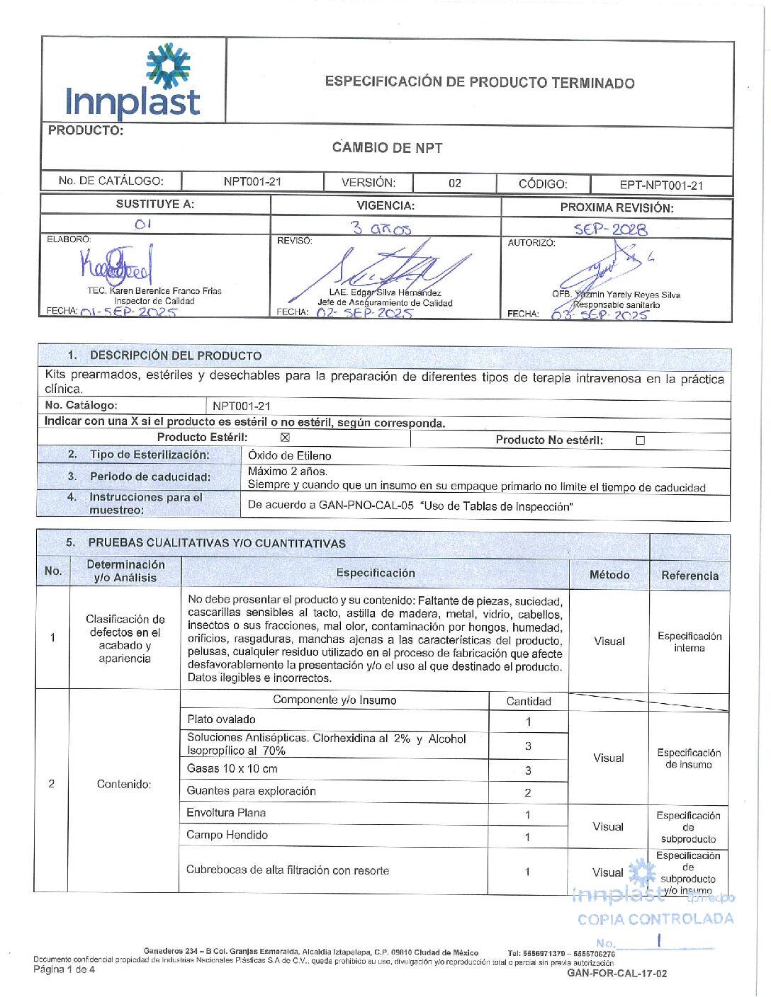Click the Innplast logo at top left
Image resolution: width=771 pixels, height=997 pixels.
pos(133,81)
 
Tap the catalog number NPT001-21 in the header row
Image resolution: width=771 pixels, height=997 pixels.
pos(252,181)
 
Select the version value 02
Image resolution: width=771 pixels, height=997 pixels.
pos(455,183)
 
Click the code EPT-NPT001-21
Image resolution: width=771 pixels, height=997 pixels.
pos(661,186)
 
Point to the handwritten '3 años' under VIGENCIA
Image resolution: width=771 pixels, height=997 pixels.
pos(381,228)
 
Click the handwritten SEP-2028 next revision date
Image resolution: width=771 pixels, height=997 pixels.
pos(610,229)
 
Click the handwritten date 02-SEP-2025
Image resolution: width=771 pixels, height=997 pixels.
pos(364,312)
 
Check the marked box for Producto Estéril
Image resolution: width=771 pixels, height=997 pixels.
pos(285,438)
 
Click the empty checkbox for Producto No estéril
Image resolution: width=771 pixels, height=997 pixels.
pos(641,440)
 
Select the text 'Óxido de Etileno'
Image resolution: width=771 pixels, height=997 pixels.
pos(289,455)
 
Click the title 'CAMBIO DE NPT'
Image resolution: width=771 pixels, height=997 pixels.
pos(387,148)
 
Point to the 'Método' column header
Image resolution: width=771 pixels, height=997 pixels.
pos(609,575)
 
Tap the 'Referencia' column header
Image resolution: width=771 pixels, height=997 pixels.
pos(690,576)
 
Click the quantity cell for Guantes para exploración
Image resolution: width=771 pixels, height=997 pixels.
pos(528,792)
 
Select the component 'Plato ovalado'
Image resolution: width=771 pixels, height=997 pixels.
pos(221,719)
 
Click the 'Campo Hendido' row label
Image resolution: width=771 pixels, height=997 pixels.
pos(227,835)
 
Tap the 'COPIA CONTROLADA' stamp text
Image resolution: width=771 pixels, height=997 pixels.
pos(655,919)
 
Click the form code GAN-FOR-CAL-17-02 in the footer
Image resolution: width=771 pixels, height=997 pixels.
pos(617,974)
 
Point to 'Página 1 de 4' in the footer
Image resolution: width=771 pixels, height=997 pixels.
pos(64,969)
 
